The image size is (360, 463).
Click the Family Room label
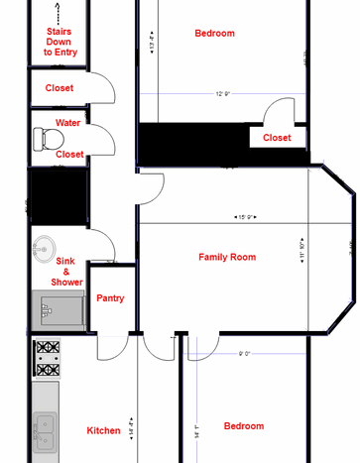click(227, 257)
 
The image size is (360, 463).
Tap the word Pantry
click(109, 297)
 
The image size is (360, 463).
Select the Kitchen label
click(103, 430)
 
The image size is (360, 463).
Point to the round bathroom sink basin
click(44, 247)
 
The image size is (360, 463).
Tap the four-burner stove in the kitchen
click(46, 358)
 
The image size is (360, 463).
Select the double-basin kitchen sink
click(46, 430)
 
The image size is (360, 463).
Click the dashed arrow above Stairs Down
click(59, 14)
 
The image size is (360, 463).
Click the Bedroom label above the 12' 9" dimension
click(214, 34)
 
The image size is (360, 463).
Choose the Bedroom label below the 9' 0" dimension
click(243, 425)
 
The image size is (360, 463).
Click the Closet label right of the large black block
click(277, 138)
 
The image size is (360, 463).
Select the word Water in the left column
click(68, 123)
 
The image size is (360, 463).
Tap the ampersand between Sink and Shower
click(66, 271)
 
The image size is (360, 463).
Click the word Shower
click(66, 282)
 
